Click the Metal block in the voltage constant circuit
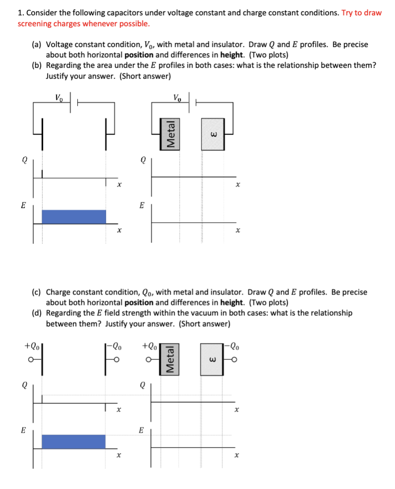[171, 134]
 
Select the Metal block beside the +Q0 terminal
[171, 358]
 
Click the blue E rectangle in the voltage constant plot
[74, 217]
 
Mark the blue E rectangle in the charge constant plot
[74, 441]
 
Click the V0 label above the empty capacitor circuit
[59, 97]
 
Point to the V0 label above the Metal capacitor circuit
[177, 97]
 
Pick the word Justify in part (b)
[58, 76]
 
